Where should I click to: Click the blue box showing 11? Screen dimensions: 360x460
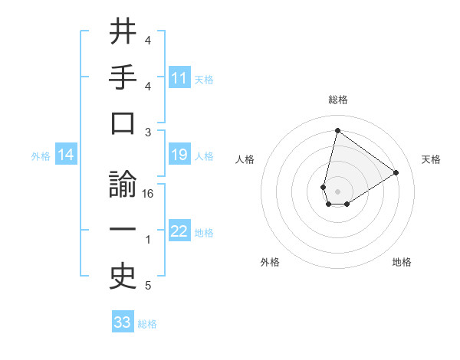(179, 78)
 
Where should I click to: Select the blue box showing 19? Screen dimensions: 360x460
(179, 155)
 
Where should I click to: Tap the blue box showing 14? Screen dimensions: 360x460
(66, 155)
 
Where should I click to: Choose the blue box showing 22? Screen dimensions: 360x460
(179, 232)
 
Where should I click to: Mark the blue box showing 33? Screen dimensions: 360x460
(123, 322)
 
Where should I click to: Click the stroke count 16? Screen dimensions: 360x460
(149, 194)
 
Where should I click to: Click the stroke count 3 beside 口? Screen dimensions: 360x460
(148, 133)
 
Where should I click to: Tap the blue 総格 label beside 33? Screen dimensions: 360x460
(148, 324)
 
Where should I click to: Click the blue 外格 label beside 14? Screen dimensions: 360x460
(41, 156)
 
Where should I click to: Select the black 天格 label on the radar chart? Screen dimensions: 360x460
(432, 159)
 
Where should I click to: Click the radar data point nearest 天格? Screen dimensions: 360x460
(396, 173)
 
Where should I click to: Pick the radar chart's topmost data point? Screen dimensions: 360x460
(337, 130)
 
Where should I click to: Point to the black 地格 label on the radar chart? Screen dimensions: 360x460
(402, 262)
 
